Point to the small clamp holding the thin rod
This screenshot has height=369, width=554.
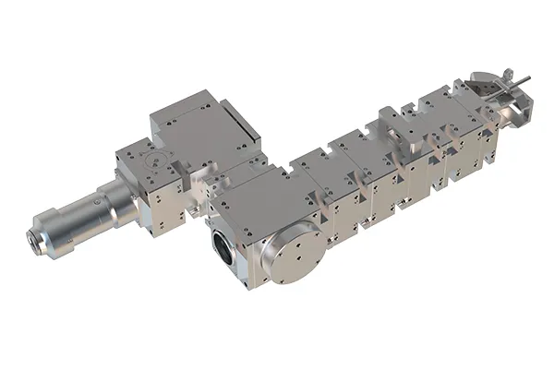click(x=499, y=87)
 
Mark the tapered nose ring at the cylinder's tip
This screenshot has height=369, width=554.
click(x=42, y=239)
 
